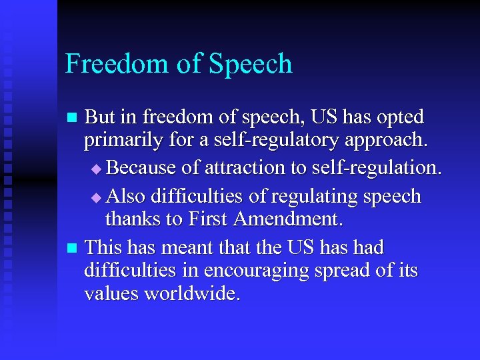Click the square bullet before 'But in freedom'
pos(74,119)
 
